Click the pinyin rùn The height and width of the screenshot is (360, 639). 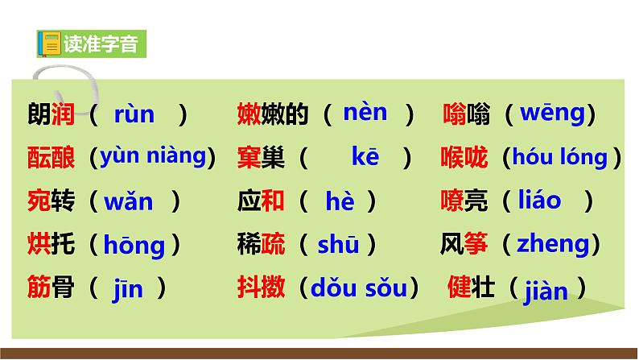click(x=134, y=115)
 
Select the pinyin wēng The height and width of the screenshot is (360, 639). click(x=551, y=114)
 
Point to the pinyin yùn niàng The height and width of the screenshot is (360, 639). click(x=153, y=156)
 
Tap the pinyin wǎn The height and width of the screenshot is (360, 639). click(x=128, y=201)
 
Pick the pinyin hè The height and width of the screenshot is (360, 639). click(x=340, y=202)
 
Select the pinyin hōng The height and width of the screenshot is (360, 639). click(x=134, y=245)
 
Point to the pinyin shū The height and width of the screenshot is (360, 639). click(x=338, y=243)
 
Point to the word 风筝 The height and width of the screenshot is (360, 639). click(x=464, y=243)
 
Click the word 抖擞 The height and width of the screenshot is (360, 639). click(x=261, y=288)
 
